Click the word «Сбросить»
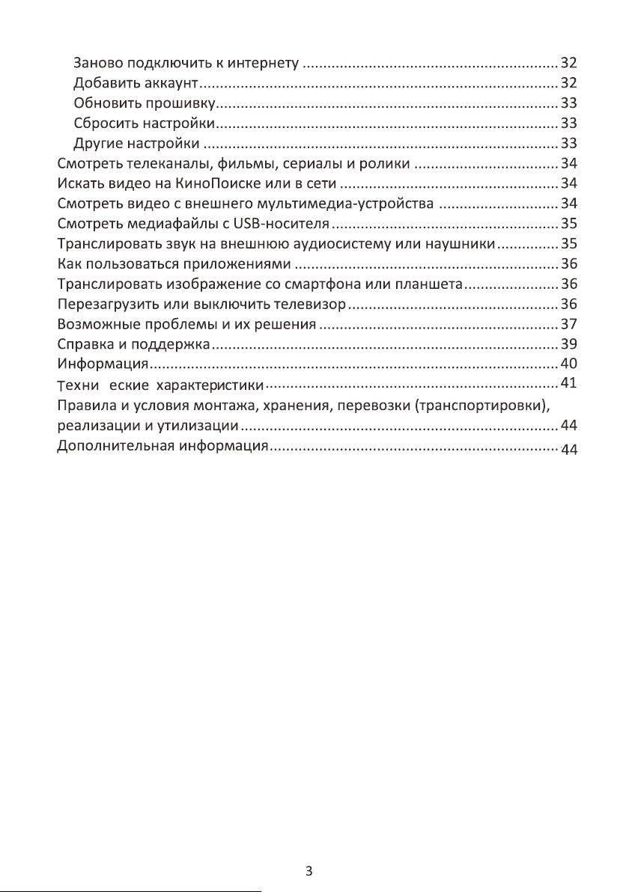coord(104,123)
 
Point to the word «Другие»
coord(99,143)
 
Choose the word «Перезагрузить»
coord(108,305)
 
